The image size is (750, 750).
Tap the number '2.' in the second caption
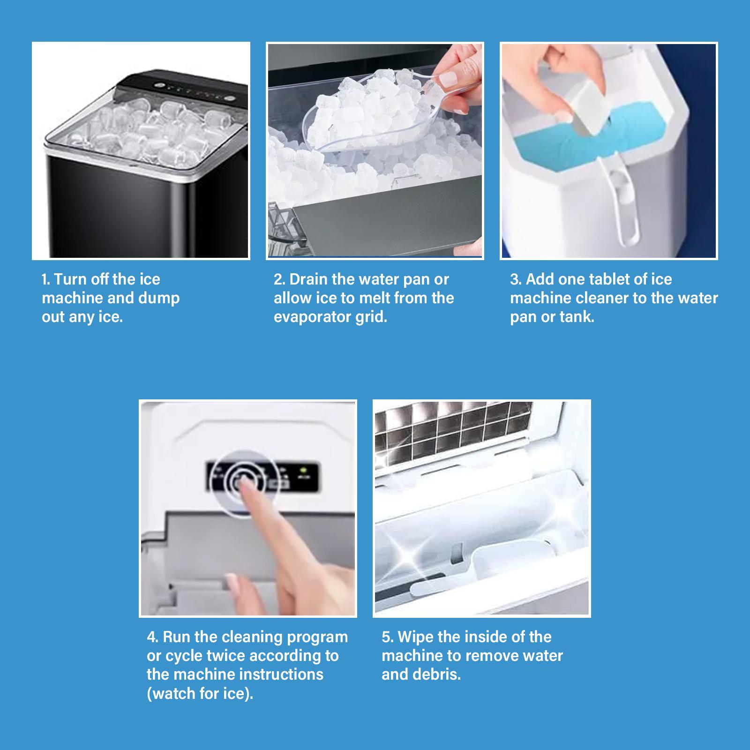(x=279, y=280)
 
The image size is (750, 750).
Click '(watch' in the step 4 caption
(x=172, y=693)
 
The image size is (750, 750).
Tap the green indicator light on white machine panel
(x=303, y=469)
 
